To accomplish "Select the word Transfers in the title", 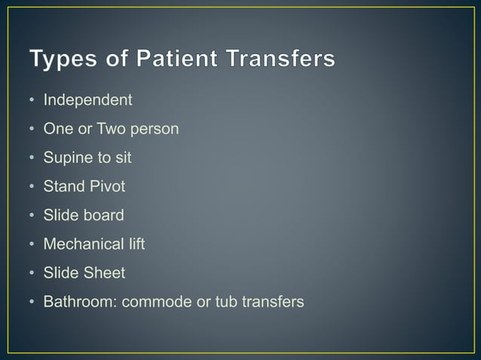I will click(x=275, y=59).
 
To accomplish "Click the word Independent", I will click(x=87, y=99).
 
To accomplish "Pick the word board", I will click(x=103, y=215).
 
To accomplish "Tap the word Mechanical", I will click(x=82, y=244).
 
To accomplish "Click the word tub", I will click(x=227, y=302).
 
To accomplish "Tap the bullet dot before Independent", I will click(x=32, y=100).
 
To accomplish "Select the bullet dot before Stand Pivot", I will click(x=32, y=187).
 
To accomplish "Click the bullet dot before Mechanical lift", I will click(x=32, y=245).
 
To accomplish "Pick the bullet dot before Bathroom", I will click(x=32, y=303).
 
